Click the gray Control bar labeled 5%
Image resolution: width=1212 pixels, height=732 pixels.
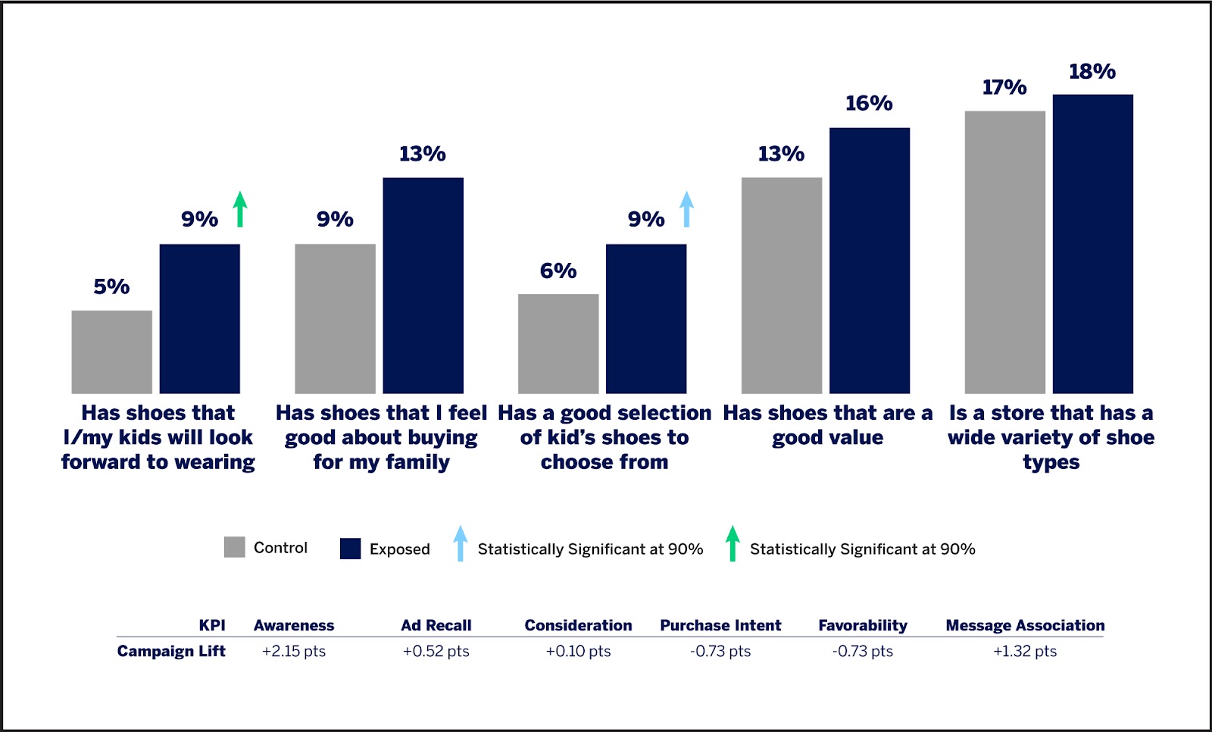[111, 352]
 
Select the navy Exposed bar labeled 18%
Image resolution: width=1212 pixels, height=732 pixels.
[1092, 243]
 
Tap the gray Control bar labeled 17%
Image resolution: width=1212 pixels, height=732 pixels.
[1004, 252]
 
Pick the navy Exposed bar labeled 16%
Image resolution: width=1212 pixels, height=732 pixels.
[869, 260]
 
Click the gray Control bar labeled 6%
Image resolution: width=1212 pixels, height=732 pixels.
[558, 343]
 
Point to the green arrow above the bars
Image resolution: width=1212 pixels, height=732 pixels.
[240, 209]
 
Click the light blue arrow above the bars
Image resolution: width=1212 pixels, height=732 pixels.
[686, 209]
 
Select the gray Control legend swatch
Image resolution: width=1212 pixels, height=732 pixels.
[235, 547]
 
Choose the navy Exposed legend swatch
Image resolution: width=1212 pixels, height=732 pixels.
[350, 549]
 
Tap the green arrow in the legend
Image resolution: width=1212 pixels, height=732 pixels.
[732, 543]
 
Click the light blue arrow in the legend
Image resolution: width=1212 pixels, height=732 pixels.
[460, 543]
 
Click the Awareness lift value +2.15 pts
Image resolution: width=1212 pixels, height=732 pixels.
[294, 651]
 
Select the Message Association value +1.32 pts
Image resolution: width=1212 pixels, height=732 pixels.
[1025, 651]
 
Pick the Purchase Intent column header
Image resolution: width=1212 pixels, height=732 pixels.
[720, 625]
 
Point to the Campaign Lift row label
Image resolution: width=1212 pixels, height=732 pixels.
[171, 651]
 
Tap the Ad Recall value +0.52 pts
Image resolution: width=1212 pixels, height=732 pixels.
[436, 651]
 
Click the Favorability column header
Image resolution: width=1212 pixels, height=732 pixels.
[863, 625]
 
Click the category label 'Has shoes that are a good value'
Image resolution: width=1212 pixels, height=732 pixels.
[827, 425]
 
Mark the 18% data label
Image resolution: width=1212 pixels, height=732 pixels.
[1092, 72]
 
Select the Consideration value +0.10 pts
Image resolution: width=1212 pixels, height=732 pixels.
[578, 651]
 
